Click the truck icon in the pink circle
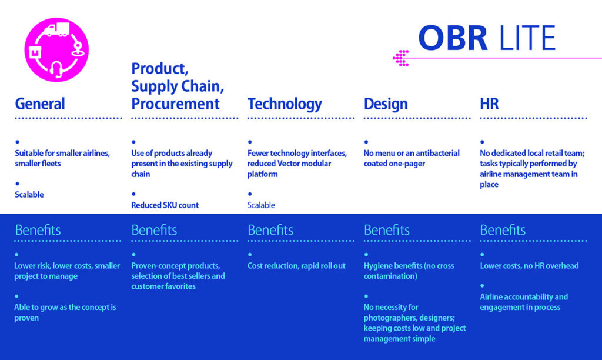[x=57, y=29]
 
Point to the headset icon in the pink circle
[x=56, y=69]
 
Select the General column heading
[x=40, y=104]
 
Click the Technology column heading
[x=285, y=104]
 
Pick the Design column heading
[x=386, y=104]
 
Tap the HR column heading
[x=489, y=104]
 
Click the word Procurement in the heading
[x=175, y=104]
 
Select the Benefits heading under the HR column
[x=503, y=230]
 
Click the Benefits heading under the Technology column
[x=270, y=230]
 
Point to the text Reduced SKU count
[x=165, y=205]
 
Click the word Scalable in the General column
[x=29, y=194]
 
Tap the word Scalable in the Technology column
[x=261, y=205]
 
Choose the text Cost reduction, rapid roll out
[x=296, y=266]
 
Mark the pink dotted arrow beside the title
[x=401, y=58]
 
